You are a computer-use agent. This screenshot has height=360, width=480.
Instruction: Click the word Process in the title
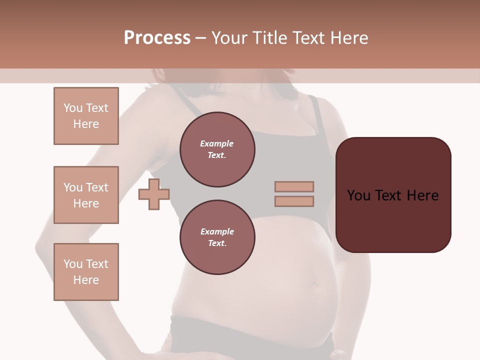point(157,38)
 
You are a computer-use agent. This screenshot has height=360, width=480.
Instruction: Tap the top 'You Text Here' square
point(86,116)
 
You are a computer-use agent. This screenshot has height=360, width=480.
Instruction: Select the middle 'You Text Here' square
point(86,195)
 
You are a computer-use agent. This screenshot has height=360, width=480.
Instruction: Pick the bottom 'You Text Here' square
point(86,271)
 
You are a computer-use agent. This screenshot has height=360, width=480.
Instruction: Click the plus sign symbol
point(154,194)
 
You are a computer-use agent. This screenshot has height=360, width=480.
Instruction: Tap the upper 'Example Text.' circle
point(217,149)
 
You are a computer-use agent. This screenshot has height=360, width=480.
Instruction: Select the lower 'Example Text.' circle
point(217,237)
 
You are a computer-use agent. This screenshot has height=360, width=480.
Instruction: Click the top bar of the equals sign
point(294,186)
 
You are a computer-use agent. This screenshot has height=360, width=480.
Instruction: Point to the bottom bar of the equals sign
point(294,201)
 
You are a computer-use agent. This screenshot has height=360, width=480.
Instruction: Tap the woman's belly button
point(315,285)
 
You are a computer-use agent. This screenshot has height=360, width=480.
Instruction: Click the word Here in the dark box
point(423,195)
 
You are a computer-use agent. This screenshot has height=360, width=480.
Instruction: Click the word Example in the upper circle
point(217,143)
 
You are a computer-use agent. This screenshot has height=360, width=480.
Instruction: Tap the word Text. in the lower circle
point(217,243)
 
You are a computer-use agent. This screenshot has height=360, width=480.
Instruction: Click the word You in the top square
point(72,108)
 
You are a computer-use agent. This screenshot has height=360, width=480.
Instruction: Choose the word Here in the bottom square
point(86,280)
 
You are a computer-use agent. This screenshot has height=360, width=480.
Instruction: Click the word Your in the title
point(229,38)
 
